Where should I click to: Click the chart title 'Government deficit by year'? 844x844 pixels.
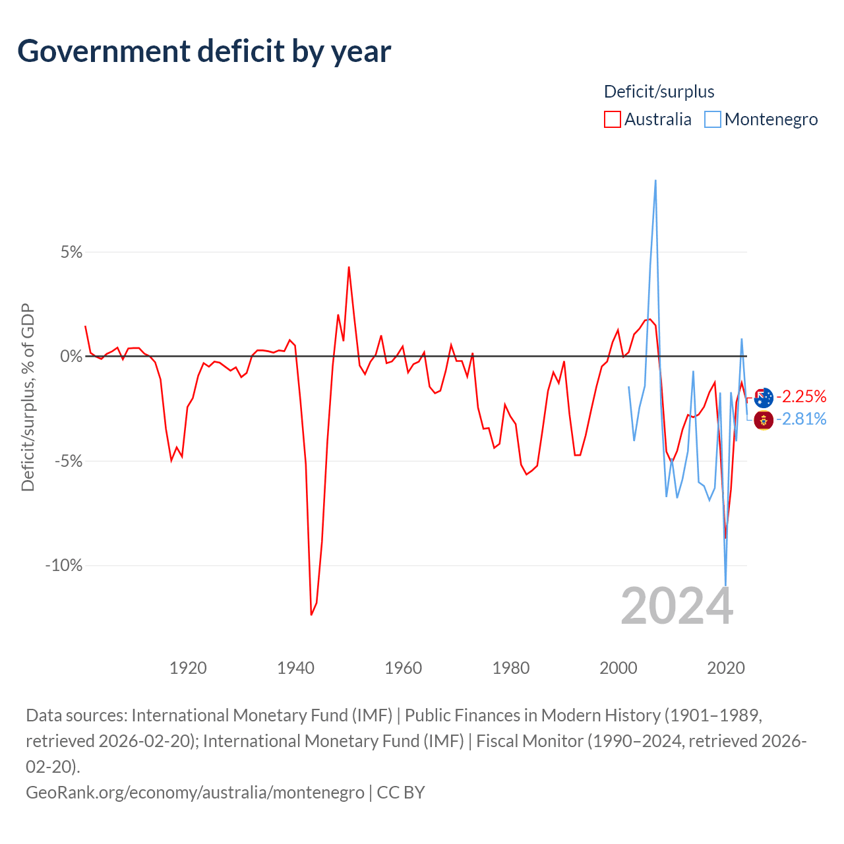(x=204, y=51)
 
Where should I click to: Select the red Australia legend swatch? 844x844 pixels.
(x=612, y=119)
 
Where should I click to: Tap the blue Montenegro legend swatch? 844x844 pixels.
(x=712, y=119)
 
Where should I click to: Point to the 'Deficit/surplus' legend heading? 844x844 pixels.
(x=659, y=92)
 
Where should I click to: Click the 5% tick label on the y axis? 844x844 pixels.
(x=71, y=252)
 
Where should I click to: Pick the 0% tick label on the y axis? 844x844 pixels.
(x=71, y=356)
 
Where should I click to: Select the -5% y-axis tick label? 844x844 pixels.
(x=69, y=461)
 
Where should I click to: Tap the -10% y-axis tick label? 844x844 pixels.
(x=64, y=565)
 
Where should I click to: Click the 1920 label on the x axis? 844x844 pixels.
(x=188, y=668)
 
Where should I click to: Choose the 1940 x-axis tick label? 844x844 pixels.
(x=295, y=668)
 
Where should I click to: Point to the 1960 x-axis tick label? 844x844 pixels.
(x=403, y=668)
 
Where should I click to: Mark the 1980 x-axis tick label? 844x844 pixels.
(x=511, y=668)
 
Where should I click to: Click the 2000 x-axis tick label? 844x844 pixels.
(x=618, y=668)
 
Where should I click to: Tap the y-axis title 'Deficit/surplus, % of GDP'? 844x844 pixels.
(x=28, y=397)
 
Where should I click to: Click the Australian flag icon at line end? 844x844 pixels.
(x=764, y=398)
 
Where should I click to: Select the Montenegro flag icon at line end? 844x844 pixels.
(x=764, y=421)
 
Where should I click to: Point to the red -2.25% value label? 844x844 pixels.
(x=801, y=396)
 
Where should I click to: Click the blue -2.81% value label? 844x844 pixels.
(x=801, y=419)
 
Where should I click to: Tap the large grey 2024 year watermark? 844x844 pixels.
(x=677, y=606)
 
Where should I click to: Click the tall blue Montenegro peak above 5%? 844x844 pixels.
(x=655, y=181)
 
